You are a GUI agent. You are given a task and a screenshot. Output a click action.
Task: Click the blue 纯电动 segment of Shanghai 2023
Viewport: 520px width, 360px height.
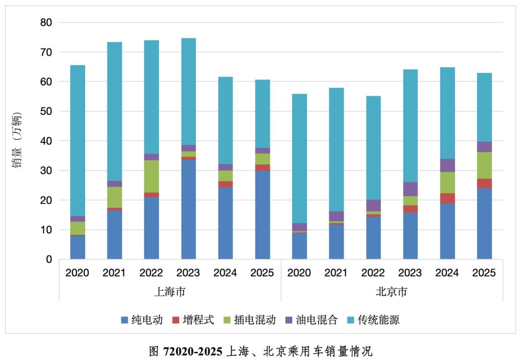coord(188,209)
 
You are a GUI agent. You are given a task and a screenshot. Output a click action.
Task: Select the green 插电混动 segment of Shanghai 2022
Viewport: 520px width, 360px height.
coord(151,176)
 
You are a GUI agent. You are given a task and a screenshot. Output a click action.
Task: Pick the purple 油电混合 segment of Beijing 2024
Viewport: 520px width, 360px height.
coord(447,165)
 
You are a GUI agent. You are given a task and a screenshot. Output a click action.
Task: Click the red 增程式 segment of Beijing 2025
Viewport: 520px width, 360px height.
coord(484,183)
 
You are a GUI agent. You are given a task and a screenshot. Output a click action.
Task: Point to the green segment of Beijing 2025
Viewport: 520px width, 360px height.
coord(484,165)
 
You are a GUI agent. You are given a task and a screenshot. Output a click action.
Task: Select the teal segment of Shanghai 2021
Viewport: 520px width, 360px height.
coord(114,111)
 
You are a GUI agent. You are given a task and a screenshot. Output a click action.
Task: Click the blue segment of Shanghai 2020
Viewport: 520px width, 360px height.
coord(77,247)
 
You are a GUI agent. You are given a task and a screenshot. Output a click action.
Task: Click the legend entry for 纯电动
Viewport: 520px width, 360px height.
coord(142,320)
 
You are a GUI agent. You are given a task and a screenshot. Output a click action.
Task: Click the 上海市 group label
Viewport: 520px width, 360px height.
coord(169,292)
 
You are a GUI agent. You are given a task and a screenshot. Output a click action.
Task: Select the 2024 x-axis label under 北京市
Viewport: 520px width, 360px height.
coord(447,273)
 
